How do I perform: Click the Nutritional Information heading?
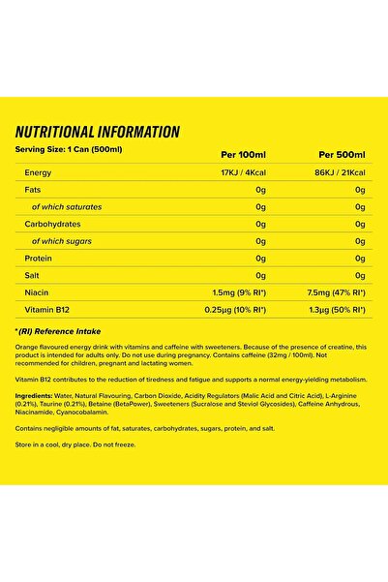click(x=97, y=132)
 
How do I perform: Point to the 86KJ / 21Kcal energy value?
click(x=338, y=172)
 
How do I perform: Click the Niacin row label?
click(x=36, y=291)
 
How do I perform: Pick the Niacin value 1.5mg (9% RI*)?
click(x=232, y=291)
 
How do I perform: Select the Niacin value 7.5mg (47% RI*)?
click(x=332, y=291)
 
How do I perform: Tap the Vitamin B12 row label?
click(x=45, y=309)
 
